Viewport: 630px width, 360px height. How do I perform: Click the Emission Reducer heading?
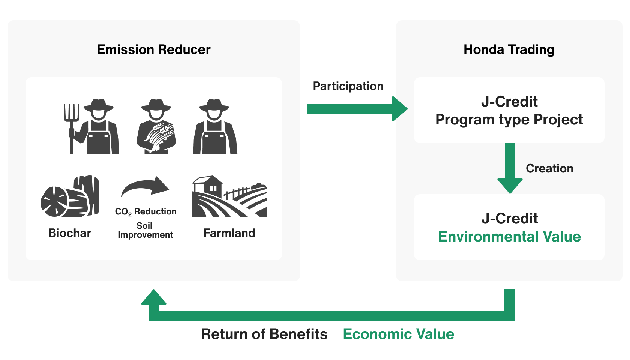point(154,49)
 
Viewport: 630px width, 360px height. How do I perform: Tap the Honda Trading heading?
point(509,49)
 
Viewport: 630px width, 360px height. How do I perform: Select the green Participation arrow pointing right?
point(357,109)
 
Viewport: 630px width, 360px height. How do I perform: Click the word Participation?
point(348,86)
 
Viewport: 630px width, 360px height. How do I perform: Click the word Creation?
point(549,168)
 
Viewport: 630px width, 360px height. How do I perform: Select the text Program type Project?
point(509,120)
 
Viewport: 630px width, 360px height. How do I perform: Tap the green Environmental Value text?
point(509,237)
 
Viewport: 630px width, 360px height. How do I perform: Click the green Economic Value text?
point(398,334)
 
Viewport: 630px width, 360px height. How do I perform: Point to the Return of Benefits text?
point(264,334)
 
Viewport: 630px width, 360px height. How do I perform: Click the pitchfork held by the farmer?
point(71,124)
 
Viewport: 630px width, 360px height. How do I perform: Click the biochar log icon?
point(70,197)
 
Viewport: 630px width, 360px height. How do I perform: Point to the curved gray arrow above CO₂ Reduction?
point(145,186)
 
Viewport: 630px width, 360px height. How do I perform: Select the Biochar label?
point(70,233)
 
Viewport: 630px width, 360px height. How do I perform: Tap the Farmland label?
point(229,233)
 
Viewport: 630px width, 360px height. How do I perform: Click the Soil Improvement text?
point(145,230)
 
